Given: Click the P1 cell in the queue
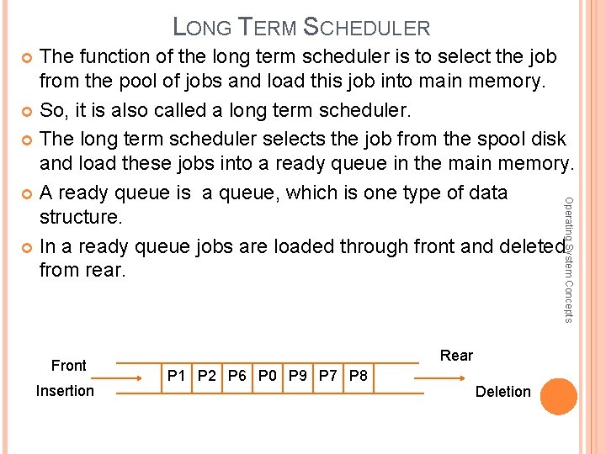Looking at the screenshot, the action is tap(177, 376).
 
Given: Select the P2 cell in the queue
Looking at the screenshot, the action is tap(207, 376).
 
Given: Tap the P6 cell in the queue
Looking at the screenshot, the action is tap(237, 376).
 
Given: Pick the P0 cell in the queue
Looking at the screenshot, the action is tap(268, 376).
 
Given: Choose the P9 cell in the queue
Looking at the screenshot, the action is tap(298, 376).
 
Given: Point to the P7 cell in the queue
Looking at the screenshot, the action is tap(327, 376).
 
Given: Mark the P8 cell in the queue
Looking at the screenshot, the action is tap(358, 376).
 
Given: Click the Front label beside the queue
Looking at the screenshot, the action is tap(68, 366).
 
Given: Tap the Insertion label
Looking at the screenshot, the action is tap(65, 391).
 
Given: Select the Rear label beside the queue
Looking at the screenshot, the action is tap(456, 356).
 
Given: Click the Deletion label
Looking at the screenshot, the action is tap(502, 392).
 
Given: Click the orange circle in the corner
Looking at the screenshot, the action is tap(558, 396).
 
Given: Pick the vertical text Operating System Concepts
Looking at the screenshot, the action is tap(568, 259).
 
